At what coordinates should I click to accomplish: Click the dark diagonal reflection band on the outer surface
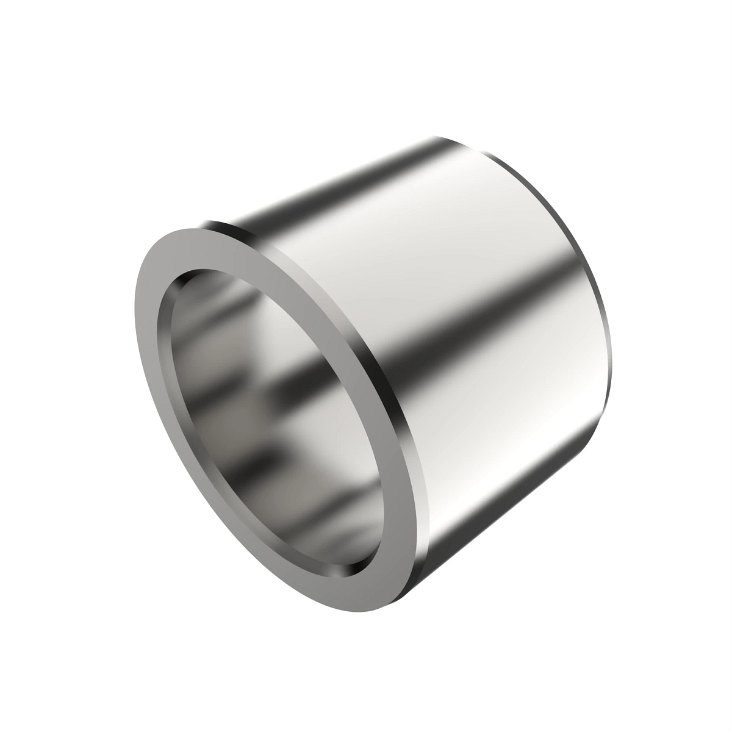[427, 342]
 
